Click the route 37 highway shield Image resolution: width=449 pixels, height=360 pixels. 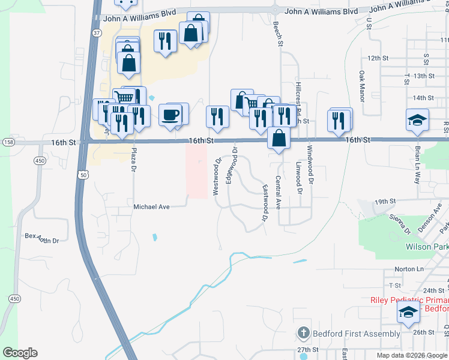pyautogui.click(x=96, y=34)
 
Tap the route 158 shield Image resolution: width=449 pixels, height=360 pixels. pyautogui.click(x=8, y=142)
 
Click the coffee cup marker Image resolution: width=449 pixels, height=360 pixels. pyautogui.click(x=171, y=115)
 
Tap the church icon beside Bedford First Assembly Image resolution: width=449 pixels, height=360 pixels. pyautogui.click(x=304, y=333)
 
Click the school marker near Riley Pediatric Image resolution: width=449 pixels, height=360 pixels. pyautogui.click(x=408, y=313)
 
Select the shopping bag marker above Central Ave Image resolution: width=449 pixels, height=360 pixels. pyautogui.click(x=279, y=137)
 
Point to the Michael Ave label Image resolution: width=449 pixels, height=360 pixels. pyautogui.click(x=151, y=206)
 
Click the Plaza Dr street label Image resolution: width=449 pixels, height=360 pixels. pyautogui.click(x=133, y=160)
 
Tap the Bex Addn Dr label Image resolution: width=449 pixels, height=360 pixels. pyautogui.click(x=42, y=238)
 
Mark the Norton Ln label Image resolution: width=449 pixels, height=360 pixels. pyautogui.click(x=409, y=269)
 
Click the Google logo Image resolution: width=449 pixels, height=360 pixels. pyautogui.click(x=20, y=353)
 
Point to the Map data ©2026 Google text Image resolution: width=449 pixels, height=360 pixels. pyautogui.click(x=411, y=355)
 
